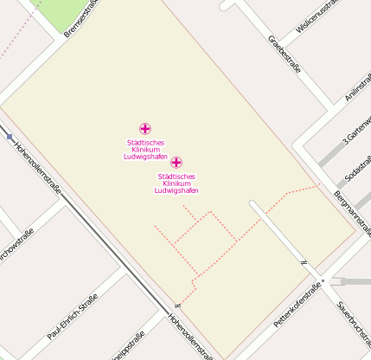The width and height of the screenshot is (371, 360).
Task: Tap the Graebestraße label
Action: pyautogui.click(x=285, y=54)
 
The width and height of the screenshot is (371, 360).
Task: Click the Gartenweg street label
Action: pyautogui.click(x=357, y=127)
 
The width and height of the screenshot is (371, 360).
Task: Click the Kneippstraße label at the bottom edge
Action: pyautogui.click(x=126, y=346)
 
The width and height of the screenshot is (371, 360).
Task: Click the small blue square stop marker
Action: pyautogui.click(x=10, y=137)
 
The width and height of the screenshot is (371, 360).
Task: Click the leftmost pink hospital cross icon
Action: pyautogui.click(x=144, y=129)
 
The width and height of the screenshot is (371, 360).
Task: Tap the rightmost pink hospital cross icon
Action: pyautogui.click(x=176, y=163)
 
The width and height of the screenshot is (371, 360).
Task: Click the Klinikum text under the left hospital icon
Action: pyautogui.click(x=145, y=150)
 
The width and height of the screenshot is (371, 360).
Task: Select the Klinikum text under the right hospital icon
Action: pyautogui.click(x=176, y=183)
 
